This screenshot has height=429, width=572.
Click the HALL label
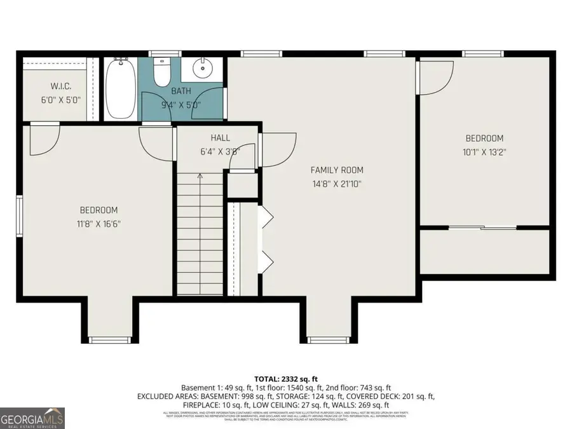tap(220, 138)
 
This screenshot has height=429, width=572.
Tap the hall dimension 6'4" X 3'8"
tap(220, 151)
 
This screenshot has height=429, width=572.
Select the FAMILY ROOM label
tap(336, 170)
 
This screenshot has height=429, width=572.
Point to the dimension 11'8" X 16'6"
tap(99, 224)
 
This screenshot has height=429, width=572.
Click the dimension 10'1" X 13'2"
tap(484, 152)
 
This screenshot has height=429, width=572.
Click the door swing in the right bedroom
tap(435, 76)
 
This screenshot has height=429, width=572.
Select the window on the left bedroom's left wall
tap(19, 215)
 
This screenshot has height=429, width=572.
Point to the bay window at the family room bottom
tap(327, 339)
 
